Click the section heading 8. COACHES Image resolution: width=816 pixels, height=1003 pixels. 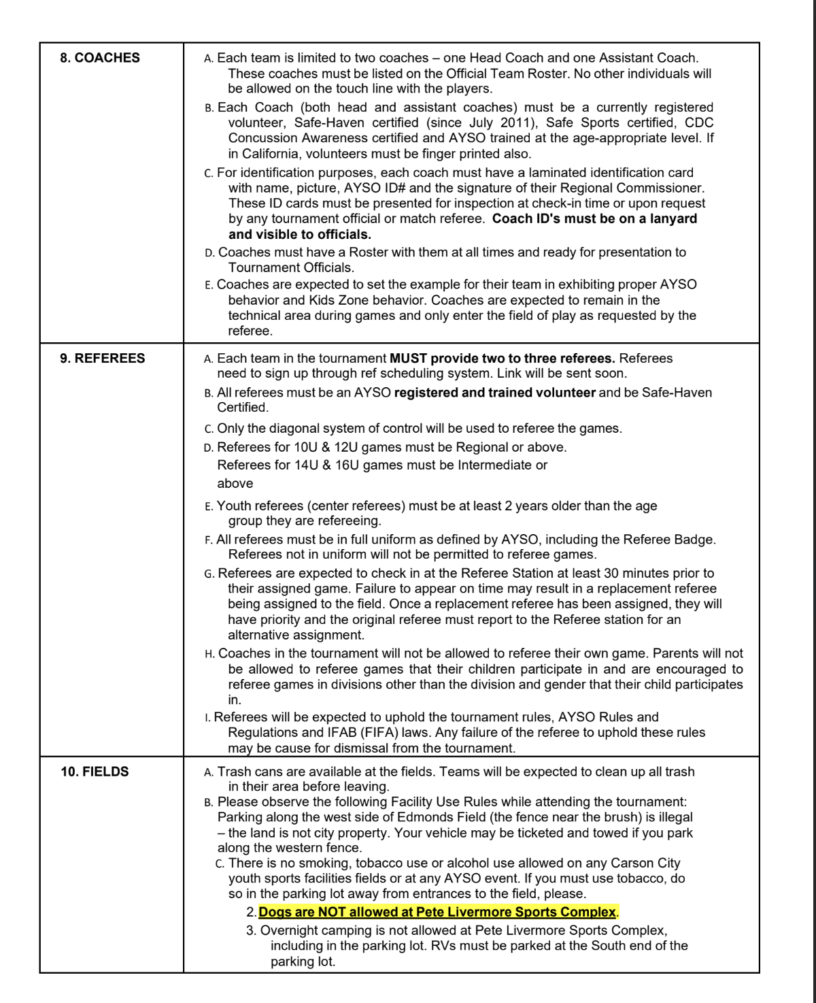click(x=100, y=58)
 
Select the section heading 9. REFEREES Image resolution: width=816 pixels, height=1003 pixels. click(x=103, y=359)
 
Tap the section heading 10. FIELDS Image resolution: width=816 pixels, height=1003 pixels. click(x=95, y=772)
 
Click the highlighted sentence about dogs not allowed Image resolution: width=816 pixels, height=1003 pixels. click(x=438, y=912)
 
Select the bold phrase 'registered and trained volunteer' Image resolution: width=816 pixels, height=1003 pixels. click(x=494, y=393)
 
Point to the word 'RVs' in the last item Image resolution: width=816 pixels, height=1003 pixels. click(x=442, y=946)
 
